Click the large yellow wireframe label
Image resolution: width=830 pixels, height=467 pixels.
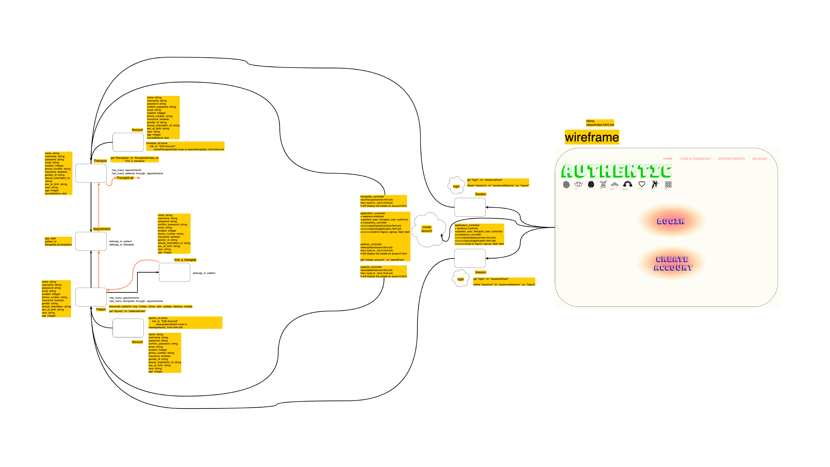[x=592, y=137]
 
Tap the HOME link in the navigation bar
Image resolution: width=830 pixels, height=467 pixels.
[x=668, y=159]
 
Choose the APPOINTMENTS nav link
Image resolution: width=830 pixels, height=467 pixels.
[x=731, y=159]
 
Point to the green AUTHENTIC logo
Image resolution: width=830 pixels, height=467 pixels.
[x=616, y=171]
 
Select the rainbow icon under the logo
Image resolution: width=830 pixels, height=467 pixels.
[x=627, y=184]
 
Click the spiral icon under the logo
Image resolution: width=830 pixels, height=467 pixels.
[x=566, y=184]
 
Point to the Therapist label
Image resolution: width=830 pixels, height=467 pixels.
[x=100, y=161]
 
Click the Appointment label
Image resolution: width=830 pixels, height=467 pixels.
[x=101, y=229]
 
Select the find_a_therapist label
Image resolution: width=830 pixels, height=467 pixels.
[x=185, y=260]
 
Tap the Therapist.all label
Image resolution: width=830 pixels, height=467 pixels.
[x=125, y=178]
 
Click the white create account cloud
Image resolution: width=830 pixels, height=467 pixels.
[x=429, y=230]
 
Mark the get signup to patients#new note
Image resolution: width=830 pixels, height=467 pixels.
[x=127, y=311]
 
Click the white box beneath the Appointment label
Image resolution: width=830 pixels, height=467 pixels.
[x=91, y=241]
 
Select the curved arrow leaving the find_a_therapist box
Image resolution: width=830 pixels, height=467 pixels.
[x=133, y=274]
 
